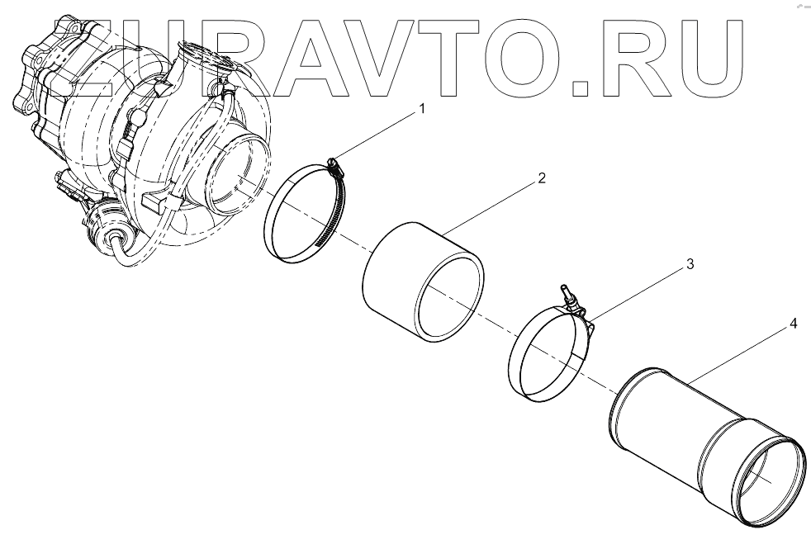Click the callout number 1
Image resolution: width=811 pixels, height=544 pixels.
[x=422, y=107]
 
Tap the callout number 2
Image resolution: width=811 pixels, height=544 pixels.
[x=540, y=177]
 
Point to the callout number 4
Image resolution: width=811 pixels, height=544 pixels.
[x=792, y=324]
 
